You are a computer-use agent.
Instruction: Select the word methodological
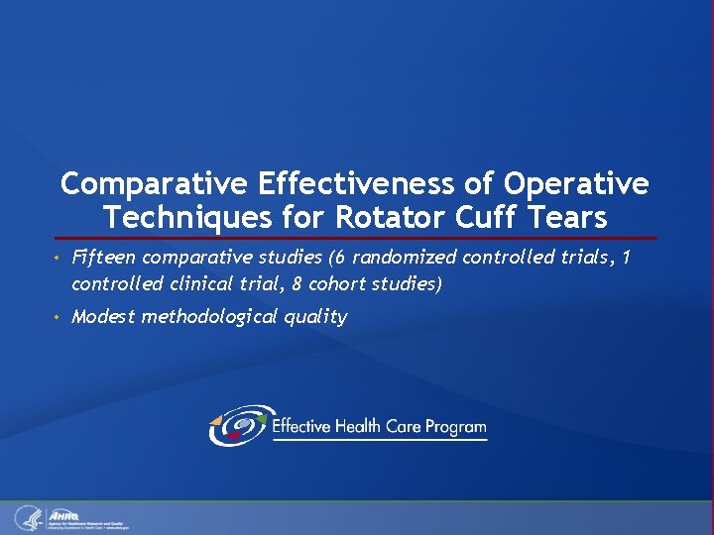[210, 317]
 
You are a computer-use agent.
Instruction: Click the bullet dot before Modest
[59, 318]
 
